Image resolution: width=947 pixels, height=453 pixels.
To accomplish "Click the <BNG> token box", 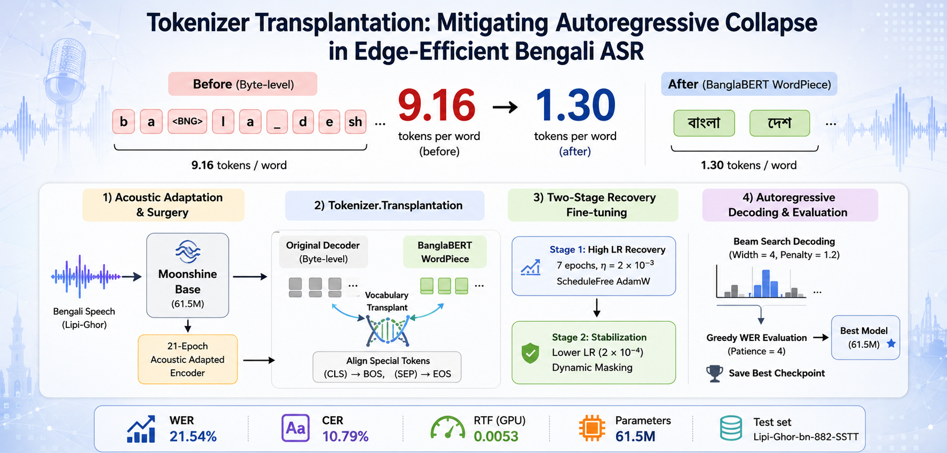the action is click(187, 122).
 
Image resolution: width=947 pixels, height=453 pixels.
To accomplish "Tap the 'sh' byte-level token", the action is click(356, 122).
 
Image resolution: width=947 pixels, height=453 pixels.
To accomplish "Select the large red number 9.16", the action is click(437, 105).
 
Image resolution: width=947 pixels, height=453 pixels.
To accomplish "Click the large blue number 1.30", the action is click(575, 105).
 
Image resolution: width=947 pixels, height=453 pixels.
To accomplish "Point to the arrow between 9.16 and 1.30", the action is click(505, 107).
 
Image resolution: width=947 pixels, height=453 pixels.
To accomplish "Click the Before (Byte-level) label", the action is click(243, 84).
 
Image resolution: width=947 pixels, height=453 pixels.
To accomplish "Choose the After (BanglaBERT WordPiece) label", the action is click(749, 84).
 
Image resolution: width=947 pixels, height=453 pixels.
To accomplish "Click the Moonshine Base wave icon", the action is click(188, 252).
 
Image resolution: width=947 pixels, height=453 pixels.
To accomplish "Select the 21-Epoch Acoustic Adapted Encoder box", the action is click(187, 360).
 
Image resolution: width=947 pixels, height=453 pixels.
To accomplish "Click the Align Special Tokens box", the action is click(388, 367).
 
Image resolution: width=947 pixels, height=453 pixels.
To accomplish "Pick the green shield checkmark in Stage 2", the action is click(530, 353).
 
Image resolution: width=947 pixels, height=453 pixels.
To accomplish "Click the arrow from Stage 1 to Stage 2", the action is click(597, 308).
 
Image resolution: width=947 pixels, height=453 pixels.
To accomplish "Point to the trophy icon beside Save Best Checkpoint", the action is click(715, 373).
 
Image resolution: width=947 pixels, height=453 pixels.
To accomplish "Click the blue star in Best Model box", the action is click(891, 343).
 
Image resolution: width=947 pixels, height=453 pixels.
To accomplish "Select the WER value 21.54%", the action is click(193, 436).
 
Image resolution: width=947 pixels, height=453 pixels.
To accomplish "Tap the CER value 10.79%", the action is click(345, 436).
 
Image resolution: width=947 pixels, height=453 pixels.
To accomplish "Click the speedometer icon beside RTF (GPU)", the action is click(447, 428).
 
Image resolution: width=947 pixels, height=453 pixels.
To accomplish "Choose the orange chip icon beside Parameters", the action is click(592, 428).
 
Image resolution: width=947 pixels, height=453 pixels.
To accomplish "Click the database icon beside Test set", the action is click(731, 428).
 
